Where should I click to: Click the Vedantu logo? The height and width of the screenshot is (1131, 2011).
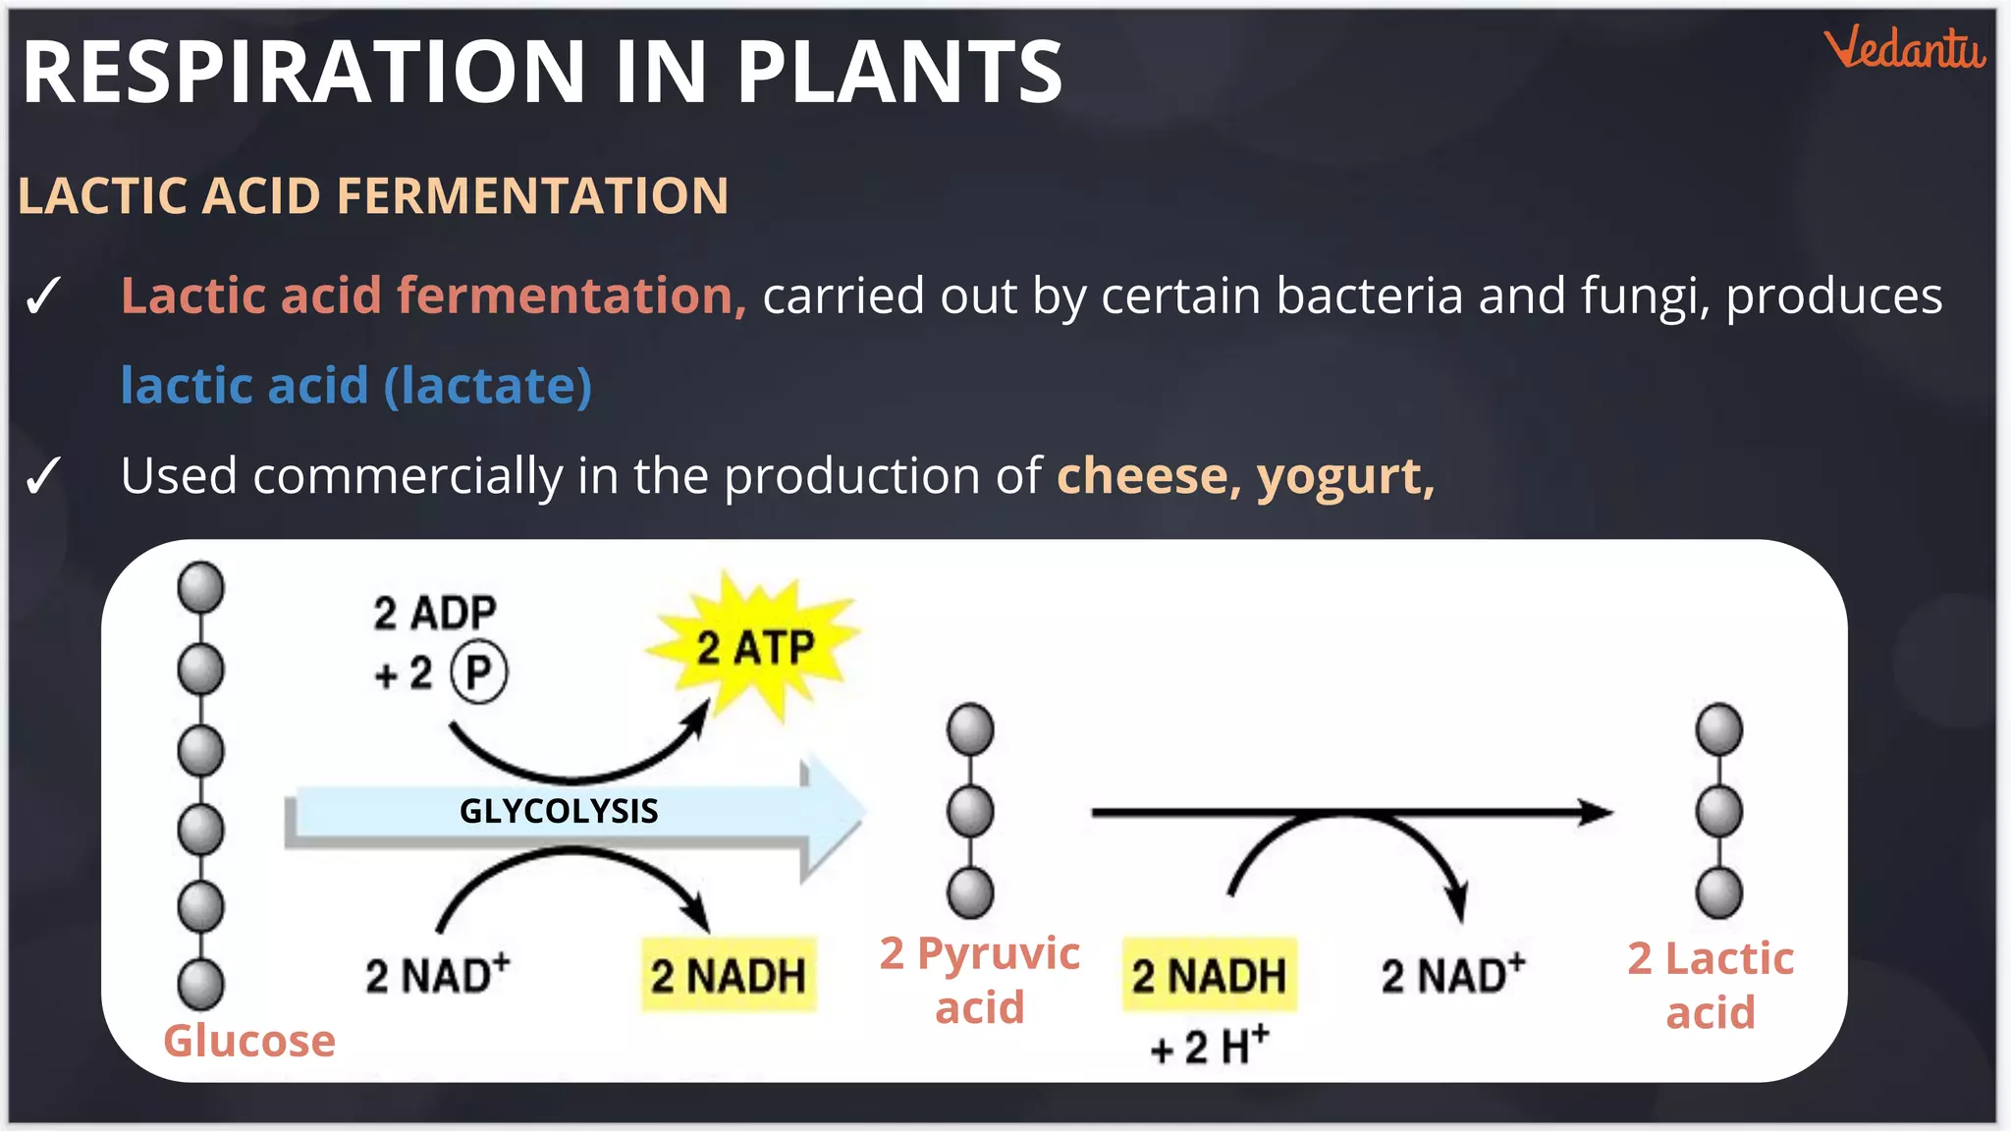[1904, 49]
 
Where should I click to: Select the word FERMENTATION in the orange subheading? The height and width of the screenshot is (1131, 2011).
[533, 195]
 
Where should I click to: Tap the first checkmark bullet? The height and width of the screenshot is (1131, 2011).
[43, 296]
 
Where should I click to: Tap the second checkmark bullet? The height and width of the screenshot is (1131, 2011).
[43, 476]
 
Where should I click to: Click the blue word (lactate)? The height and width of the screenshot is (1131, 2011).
[488, 386]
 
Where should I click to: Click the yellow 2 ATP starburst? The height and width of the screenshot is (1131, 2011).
[754, 647]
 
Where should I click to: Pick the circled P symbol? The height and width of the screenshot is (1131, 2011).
[478, 673]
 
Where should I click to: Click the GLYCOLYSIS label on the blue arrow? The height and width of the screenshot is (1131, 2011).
[559, 811]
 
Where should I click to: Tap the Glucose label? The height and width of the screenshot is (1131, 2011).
[249, 1041]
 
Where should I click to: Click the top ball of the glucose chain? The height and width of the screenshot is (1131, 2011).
[200, 587]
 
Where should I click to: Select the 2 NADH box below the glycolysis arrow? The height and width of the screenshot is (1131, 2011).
[729, 975]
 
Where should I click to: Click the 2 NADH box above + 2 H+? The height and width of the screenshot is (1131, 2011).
[1209, 975]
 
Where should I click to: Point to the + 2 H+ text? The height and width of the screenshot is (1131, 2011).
[1210, 1047]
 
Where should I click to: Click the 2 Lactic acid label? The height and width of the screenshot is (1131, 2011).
[1711, 985]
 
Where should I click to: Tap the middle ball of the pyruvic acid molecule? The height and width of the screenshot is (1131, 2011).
[970, 811]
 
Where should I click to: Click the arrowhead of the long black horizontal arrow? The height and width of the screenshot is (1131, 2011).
[1596, 813]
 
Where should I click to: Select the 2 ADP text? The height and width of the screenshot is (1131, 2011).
[435, 613]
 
